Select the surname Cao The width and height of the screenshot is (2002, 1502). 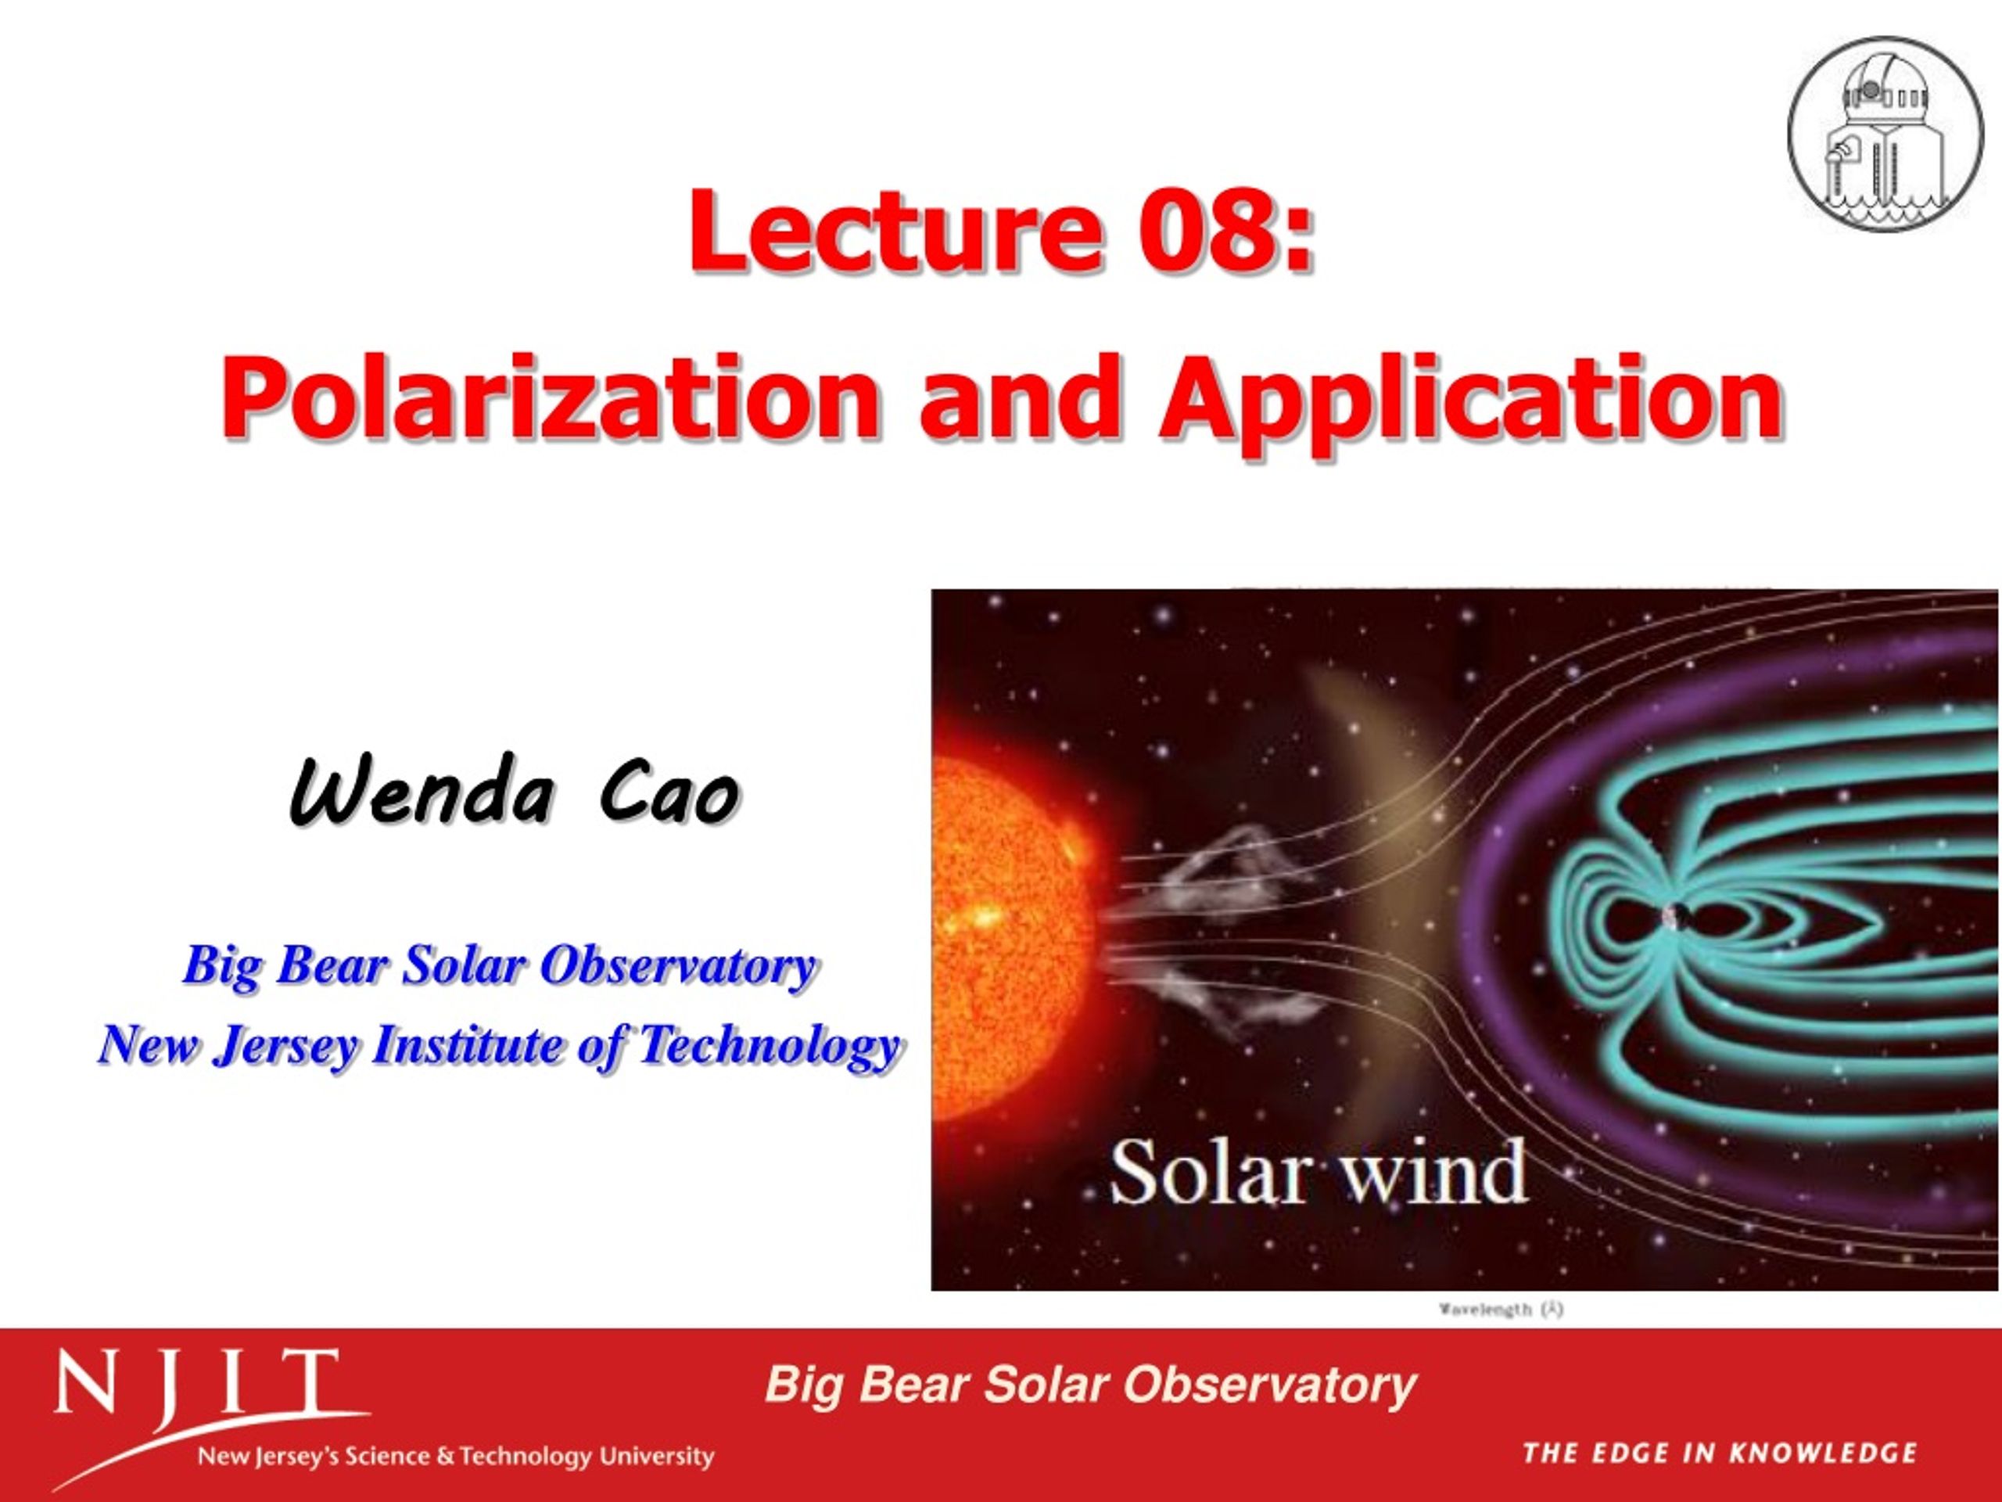coord(667,792)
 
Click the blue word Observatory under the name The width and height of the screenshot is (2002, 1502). coord(679,966)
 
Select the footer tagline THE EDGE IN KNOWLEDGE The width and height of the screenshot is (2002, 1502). coord(1720,1453)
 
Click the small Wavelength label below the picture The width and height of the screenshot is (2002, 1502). coord(1501,1309)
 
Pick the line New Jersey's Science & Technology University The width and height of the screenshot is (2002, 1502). coord(456,1457)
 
